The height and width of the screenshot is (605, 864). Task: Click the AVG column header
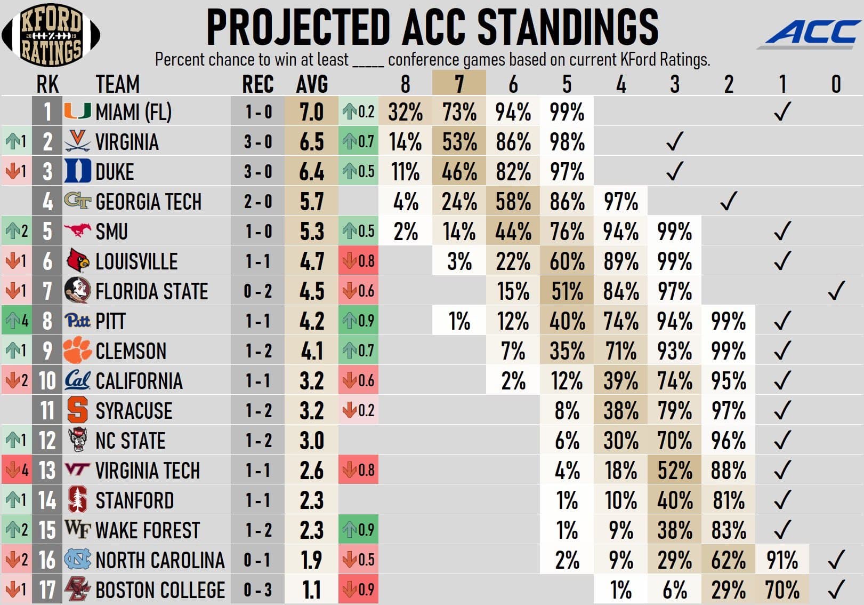pos(312,84)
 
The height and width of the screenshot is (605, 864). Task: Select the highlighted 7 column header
pos(459,84)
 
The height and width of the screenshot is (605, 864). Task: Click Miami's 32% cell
pos(405,112)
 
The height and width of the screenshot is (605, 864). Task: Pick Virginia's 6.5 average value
pos(312,142)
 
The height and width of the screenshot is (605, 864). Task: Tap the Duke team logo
pos(77,172)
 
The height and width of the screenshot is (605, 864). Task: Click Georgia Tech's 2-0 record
pos(258,202)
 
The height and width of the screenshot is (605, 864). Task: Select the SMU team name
pos(111,232)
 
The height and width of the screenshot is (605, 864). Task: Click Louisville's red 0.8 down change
pos(359,261)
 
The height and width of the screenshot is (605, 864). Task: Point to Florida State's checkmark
pos(836,291)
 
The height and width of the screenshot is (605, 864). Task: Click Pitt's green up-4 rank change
pos(17,321)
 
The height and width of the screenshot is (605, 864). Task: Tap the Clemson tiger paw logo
pos(77,351)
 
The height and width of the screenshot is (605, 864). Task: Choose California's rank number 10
pos(47,381)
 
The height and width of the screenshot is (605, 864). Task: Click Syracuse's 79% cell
pos(674,411)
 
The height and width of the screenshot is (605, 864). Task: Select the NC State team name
pos(130,441)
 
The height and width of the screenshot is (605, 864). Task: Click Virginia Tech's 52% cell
pos(674,471)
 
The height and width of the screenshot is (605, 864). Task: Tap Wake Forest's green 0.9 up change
pos(359,530)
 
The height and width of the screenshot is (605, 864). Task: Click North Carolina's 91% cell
pos(782,560)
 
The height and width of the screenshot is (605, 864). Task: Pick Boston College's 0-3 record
pos(258,590)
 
